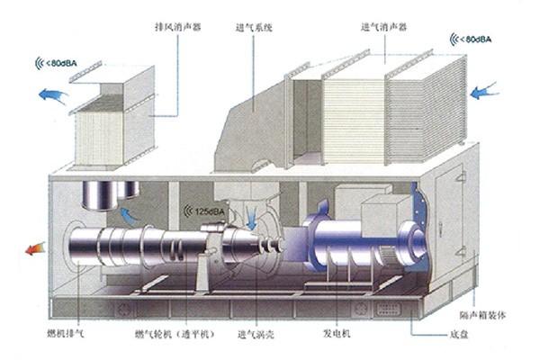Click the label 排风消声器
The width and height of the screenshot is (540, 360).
[x=177, y=26]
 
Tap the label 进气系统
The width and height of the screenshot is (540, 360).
[x=254, y=28]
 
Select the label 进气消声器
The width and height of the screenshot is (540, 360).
[x=383, y=27]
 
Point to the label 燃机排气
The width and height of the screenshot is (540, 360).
[x=66, y=334]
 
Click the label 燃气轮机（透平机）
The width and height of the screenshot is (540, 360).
[x=175, y=334]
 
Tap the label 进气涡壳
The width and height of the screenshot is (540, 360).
[x=256, y=334]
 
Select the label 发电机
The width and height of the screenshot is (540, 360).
[x=337, y=333]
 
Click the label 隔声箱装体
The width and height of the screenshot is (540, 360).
[x=482, y=315]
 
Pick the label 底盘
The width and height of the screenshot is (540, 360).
[x=459, y=334]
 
